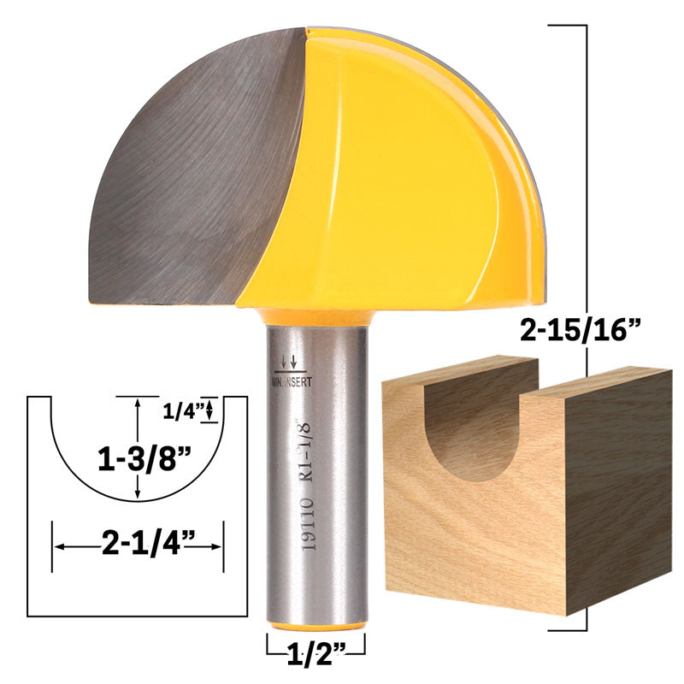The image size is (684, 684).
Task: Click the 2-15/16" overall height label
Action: (587, 328)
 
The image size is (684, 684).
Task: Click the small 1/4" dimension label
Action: (183, 410)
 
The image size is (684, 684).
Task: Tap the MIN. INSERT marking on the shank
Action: (292, 382)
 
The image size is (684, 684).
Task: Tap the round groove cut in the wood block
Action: (482, 427)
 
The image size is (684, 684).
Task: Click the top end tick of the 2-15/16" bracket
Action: (566, 26)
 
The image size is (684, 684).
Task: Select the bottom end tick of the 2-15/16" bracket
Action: (566, 629)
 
